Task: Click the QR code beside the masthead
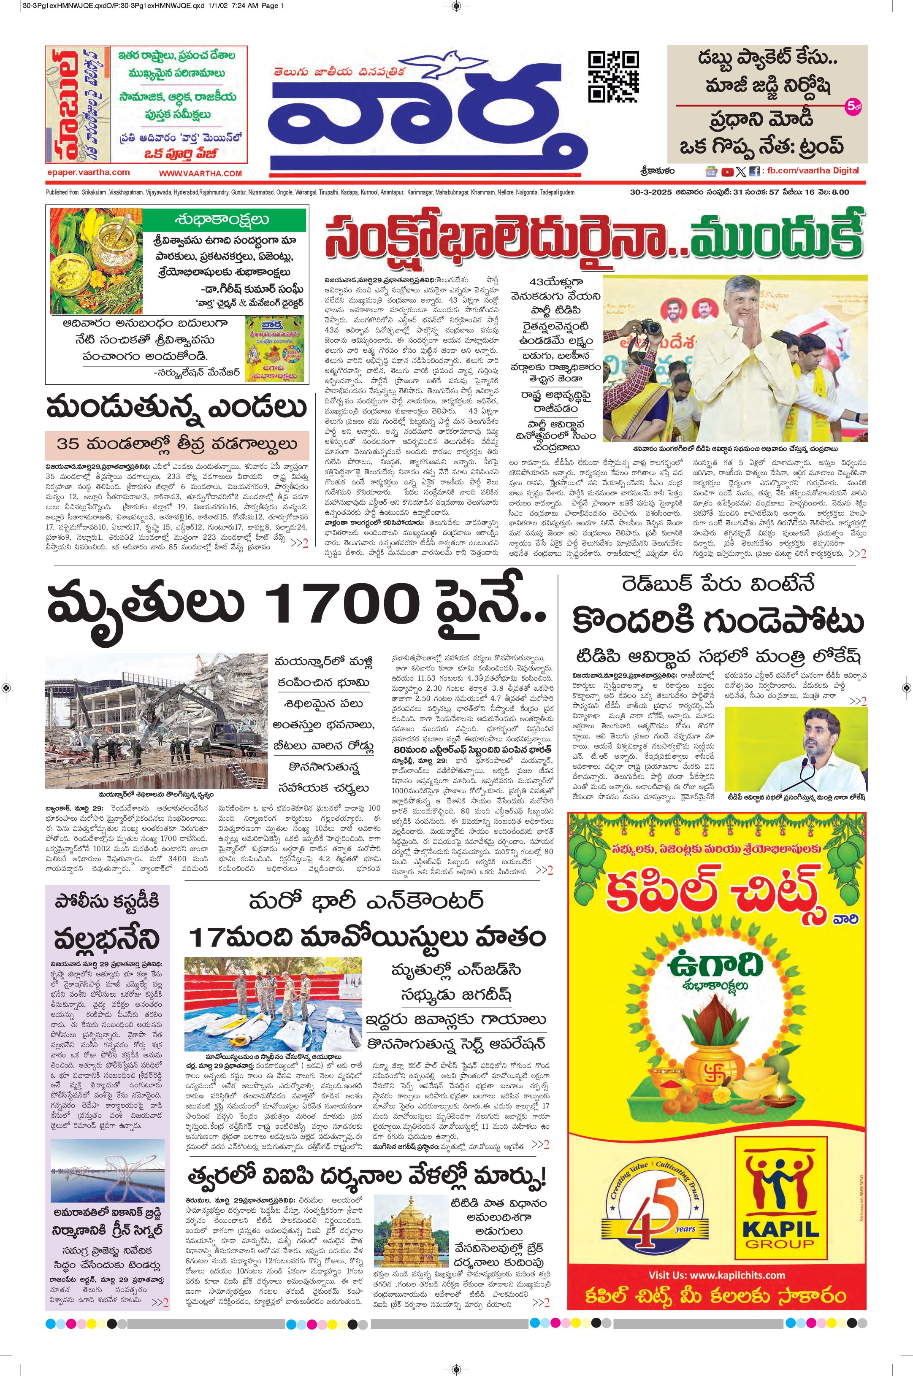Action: (613, 76)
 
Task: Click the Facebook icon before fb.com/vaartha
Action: (754, 171)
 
